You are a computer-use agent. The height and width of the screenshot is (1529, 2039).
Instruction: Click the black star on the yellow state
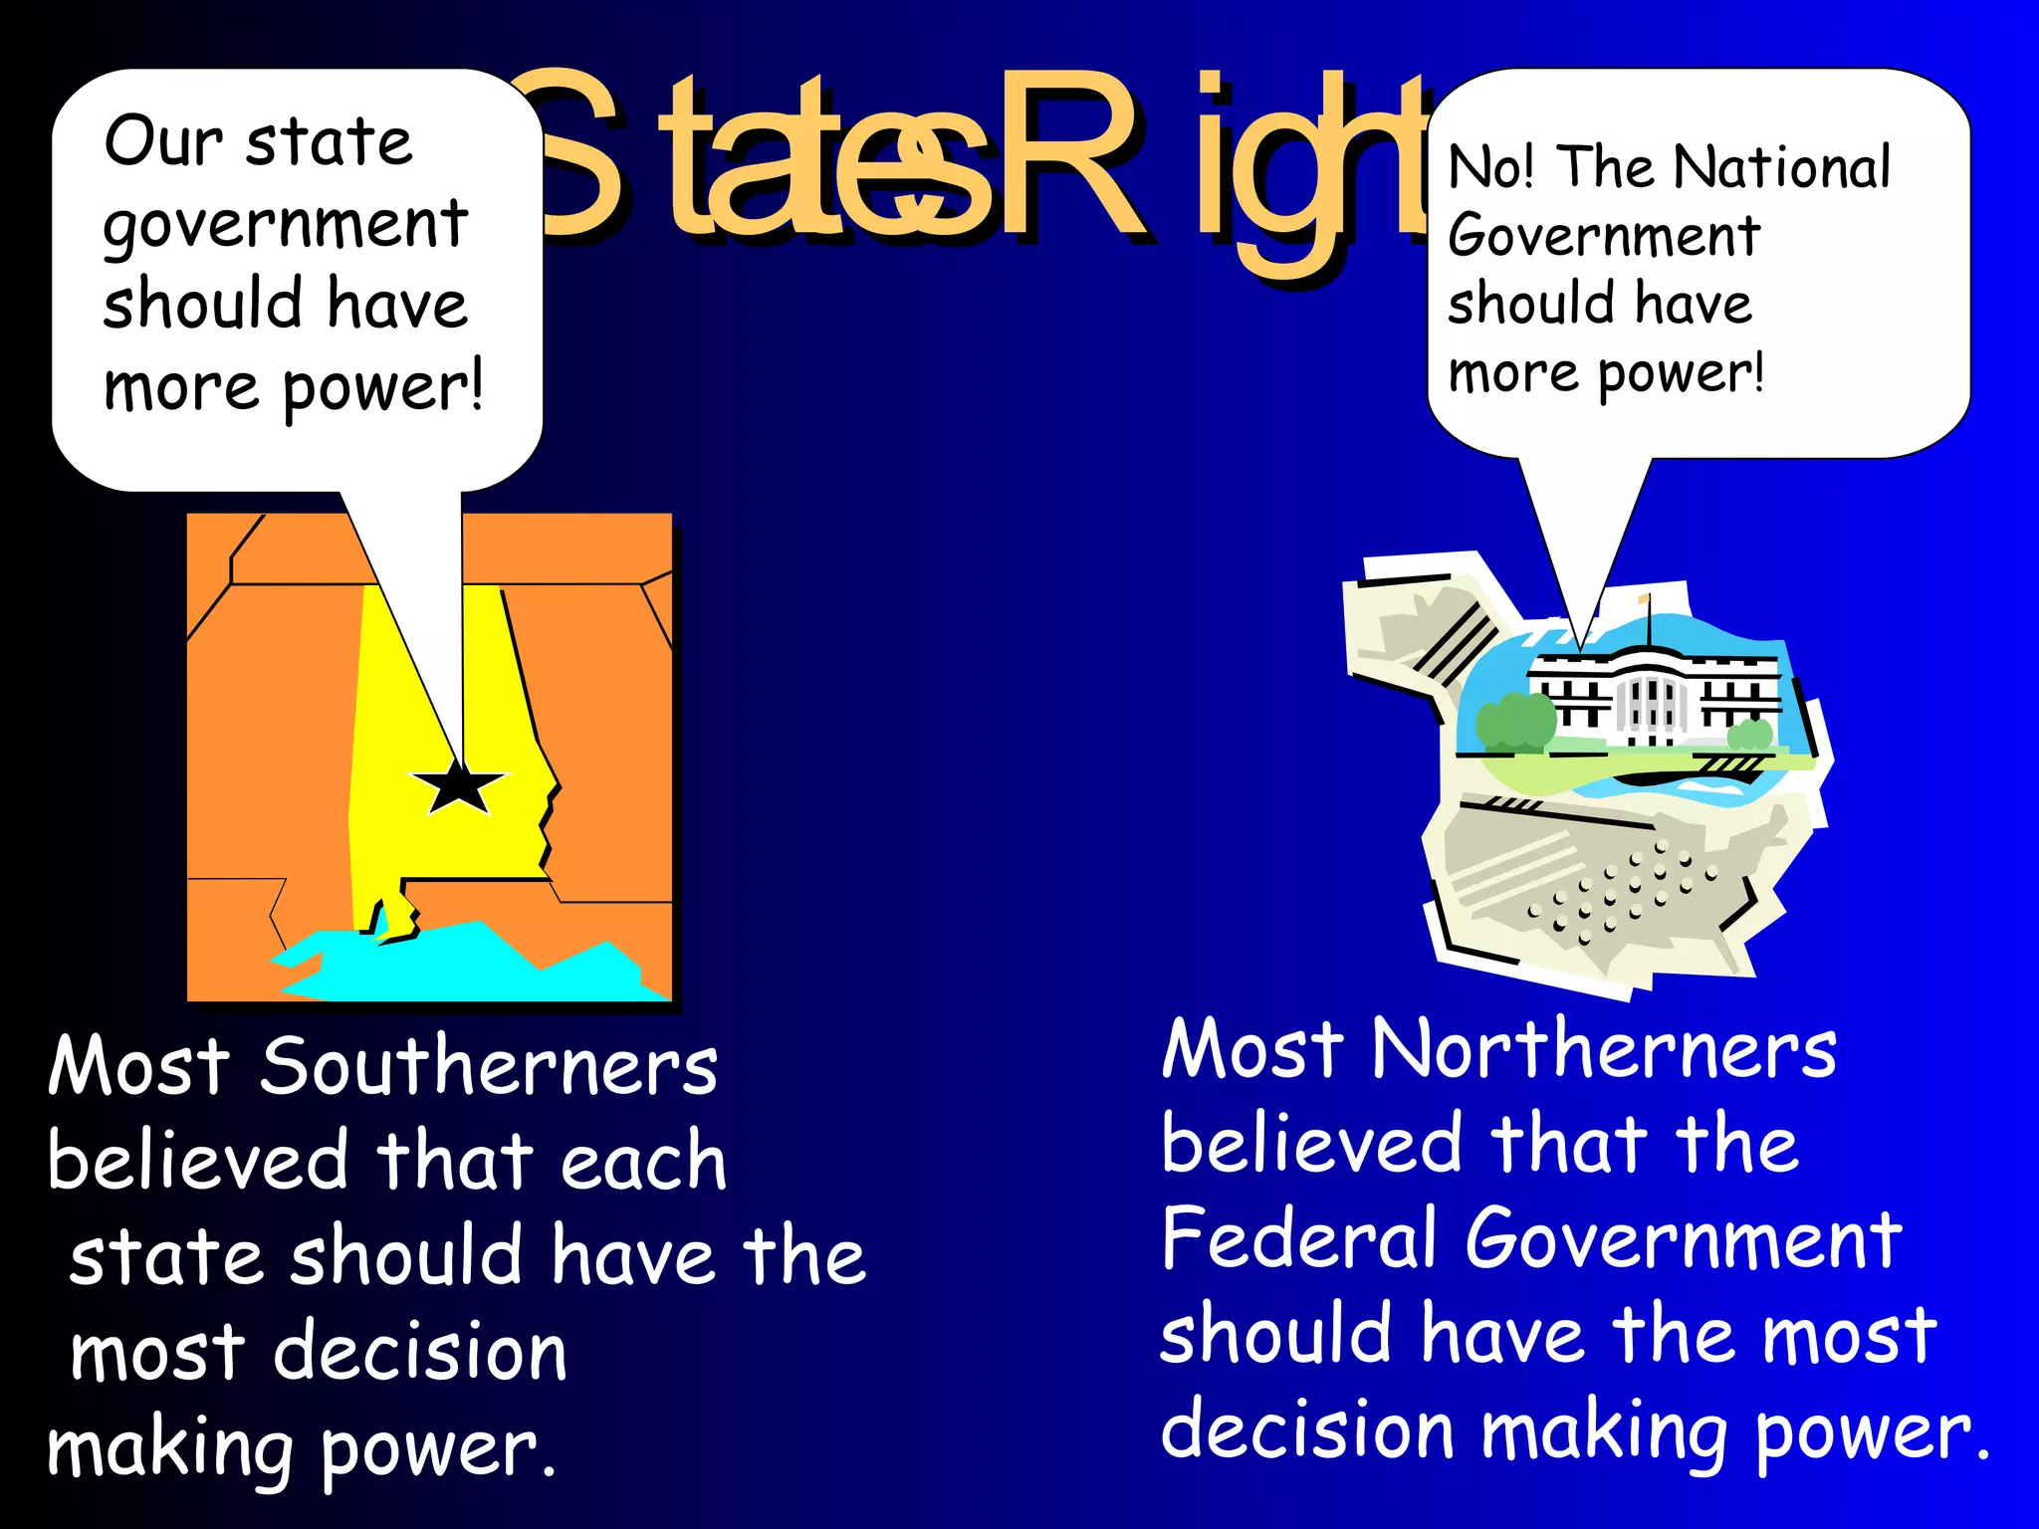(459, 787)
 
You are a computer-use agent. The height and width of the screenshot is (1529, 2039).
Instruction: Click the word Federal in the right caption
(1298, 1239)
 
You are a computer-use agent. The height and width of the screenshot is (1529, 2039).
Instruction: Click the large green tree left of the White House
(1514, 721)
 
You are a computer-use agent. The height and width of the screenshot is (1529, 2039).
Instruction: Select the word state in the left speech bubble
(329, 143)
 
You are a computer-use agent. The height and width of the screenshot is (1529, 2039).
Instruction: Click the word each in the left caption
(642, 1163)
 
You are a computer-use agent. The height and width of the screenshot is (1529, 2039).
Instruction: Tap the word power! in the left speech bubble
(383, 388)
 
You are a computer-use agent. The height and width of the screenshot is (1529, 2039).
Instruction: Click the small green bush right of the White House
(1749, 736)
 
